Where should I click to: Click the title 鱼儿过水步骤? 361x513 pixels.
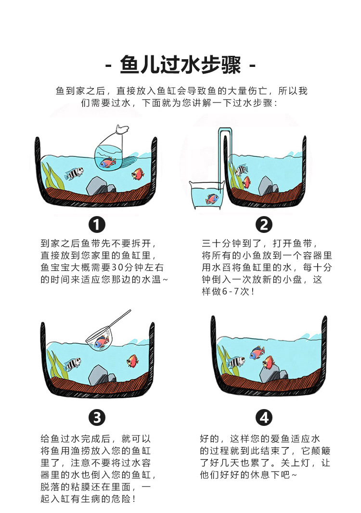point(180,64)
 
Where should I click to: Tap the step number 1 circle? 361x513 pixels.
point(97,224)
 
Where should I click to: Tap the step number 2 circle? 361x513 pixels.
point(263,224)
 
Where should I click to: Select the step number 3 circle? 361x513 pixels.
point(97,417)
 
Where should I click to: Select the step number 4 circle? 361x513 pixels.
point(263,417)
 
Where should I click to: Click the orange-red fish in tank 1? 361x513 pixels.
point(138,173)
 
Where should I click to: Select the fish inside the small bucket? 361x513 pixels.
point(211,198)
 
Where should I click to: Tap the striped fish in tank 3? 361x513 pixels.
point(73,363)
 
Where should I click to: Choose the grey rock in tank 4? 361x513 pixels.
point(269,372)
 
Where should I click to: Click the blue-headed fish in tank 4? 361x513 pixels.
point(257,353)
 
